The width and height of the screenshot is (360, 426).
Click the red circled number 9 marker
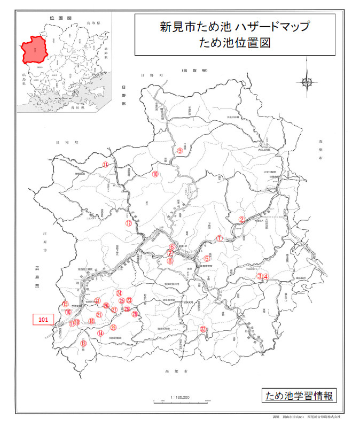click(x=180, y=151)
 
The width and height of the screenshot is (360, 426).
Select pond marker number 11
click(x=106, y=165)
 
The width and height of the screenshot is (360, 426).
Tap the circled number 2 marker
click(x=241, y=219)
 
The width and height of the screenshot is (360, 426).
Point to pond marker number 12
click(x=128, y=223)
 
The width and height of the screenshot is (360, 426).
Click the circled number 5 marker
click(x=207, y=259)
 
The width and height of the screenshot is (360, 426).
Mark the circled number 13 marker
click(x=83, y=344)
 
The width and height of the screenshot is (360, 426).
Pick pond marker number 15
click(x=65, y=304)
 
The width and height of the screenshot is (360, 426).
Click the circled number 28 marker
click(x=135, y=314)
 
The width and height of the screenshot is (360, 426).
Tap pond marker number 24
click(x=120, y=293)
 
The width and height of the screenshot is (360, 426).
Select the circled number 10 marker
click(x=155, y=174)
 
